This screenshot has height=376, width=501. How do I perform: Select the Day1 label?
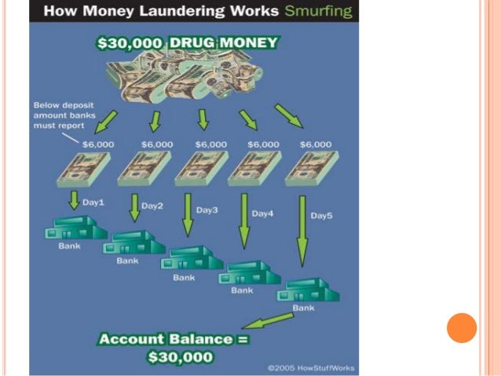(x=93, y=203)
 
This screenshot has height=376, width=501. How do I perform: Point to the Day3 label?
(x=207, y=210)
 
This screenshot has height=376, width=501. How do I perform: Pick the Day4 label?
(x=262, y=213)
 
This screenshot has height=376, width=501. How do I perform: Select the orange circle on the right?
(x=462, y=327)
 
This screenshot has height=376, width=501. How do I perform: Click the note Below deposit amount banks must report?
(x=64, y=115)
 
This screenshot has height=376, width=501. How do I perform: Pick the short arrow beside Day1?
(x=75, y=199)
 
